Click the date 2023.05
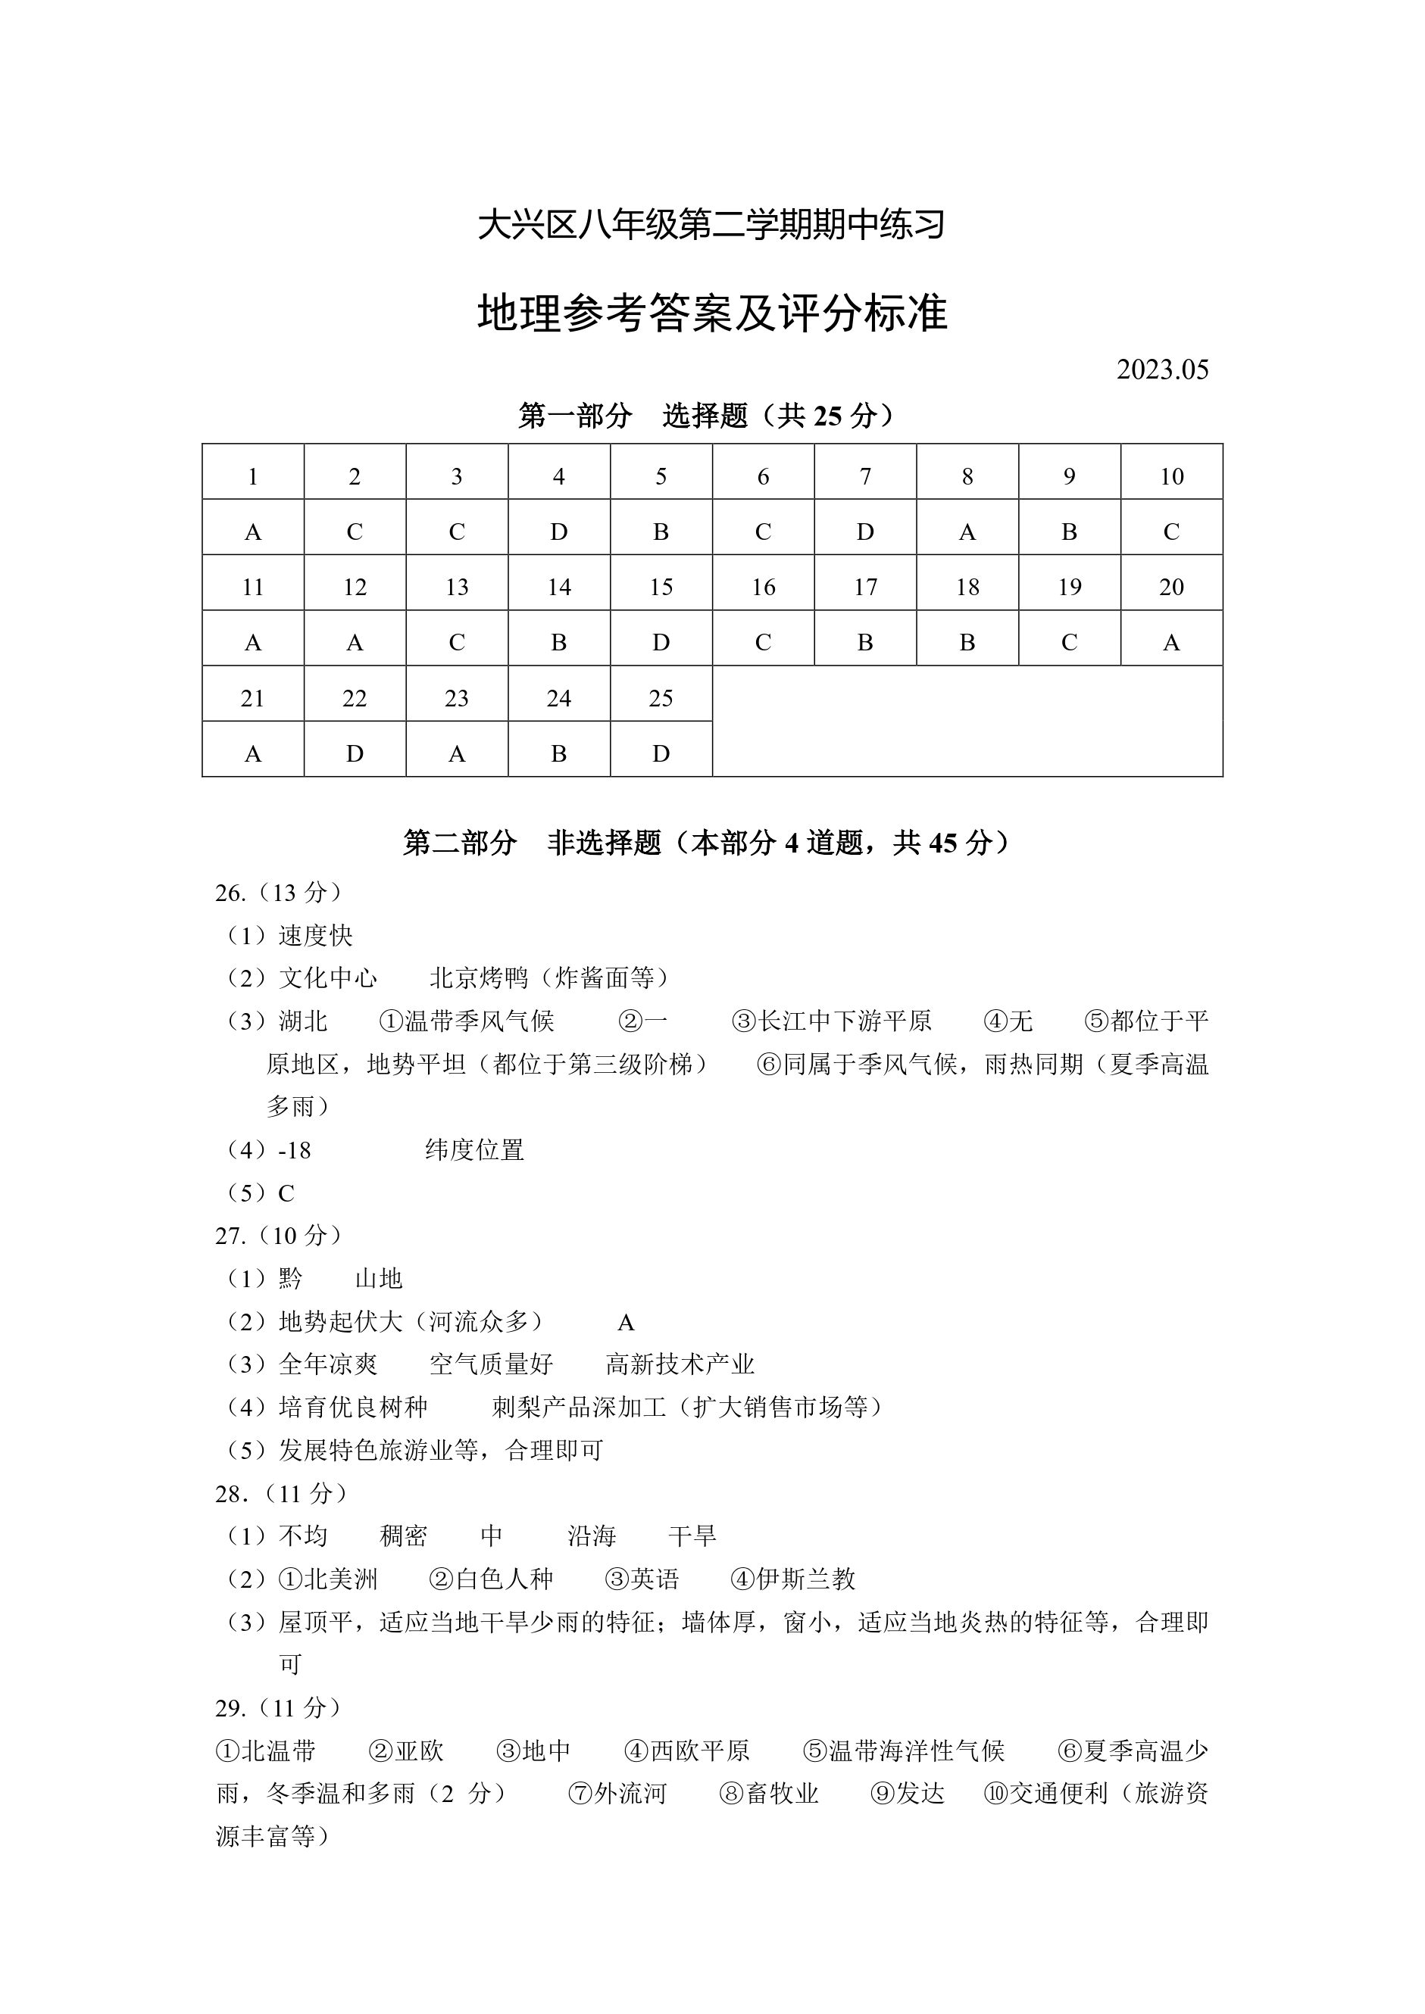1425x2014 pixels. click(1162, 369)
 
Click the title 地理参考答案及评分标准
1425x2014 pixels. click(711, 313)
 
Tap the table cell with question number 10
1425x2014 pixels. click(1171, 476)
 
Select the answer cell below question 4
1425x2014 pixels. click(559, 532)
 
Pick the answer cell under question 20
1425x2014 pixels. click(1171, 643)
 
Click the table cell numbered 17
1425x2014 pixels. click(865, 587)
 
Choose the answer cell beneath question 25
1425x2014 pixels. click(661, 753)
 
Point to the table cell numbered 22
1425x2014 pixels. click(355, 698)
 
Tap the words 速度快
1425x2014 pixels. click(316, 935)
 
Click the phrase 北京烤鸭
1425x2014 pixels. click(479, 977)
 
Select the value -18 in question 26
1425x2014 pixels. click(294, 1150)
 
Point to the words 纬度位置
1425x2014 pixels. click(475, 1150)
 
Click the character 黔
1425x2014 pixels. click(290, 1279)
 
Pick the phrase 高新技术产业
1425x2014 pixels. click(680, 1364)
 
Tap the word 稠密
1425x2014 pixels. click(404, 1535)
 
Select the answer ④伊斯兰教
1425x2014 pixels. click(793, 1579)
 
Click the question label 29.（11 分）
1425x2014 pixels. click(279, 1708)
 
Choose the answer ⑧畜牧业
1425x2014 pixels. click(770, 1793)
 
